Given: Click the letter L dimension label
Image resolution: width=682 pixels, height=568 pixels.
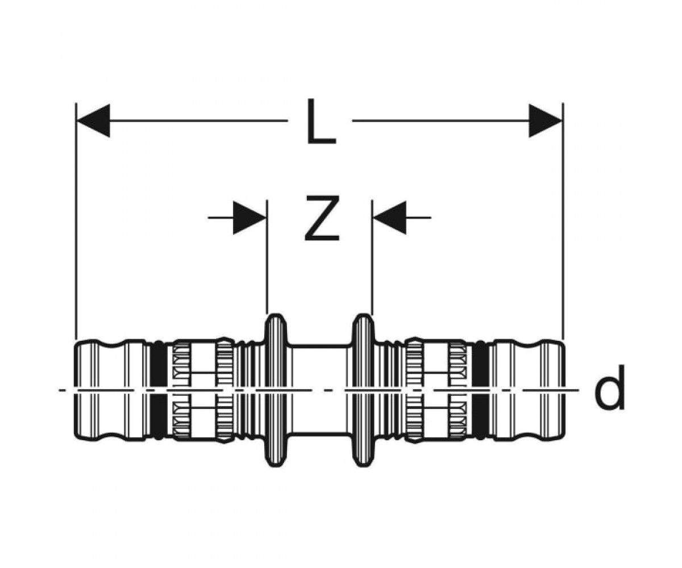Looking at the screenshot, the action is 322,122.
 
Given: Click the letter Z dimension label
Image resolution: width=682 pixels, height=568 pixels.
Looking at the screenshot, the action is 322,218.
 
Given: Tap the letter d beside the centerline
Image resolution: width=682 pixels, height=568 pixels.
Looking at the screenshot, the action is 609,387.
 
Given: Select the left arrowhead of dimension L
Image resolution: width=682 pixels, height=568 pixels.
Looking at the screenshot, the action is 93,121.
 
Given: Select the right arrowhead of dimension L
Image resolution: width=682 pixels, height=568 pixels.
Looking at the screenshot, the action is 545,121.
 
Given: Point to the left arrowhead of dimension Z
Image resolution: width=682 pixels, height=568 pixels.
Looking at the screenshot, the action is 249,218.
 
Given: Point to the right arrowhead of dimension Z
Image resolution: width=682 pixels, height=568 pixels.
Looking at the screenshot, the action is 390,218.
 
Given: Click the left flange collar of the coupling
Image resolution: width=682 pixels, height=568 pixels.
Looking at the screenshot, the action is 276,391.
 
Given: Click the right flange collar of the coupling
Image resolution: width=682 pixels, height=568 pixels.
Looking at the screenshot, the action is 363,391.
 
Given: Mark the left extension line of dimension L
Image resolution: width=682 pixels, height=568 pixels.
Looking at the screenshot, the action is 76,222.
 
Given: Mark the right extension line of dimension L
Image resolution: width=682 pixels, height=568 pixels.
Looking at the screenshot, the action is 563,222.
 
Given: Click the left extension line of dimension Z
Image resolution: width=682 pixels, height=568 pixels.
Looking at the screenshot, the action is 267,257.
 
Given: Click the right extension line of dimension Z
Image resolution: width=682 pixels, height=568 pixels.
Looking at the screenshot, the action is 372,257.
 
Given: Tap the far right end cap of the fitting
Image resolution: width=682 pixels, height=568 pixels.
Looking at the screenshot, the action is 554,391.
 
